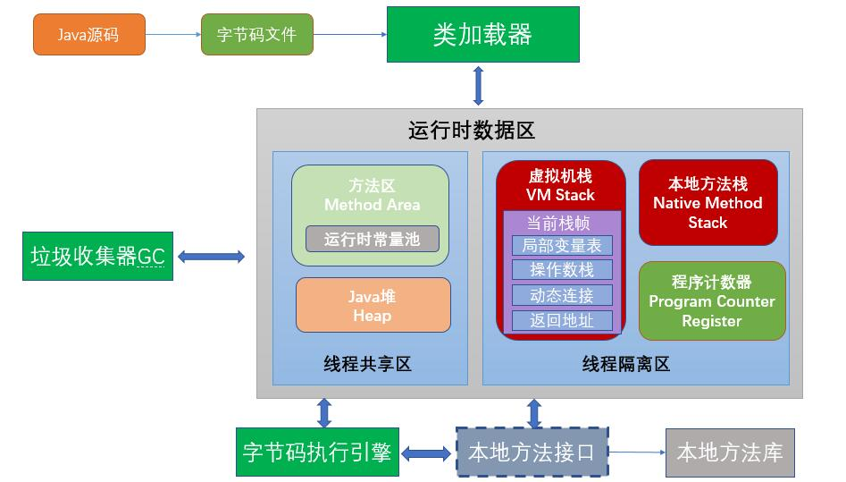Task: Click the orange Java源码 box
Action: coord(89,35)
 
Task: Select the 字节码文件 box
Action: coord(256,35)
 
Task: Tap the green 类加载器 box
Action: coord(483,35)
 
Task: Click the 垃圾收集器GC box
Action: coord(97,256)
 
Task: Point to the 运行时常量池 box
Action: coord(373,239)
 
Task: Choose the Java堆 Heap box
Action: coord(373,305)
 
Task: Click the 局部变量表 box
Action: coord(562,245)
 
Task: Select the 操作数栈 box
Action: coord(562,270)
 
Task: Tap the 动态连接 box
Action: coord(562,295)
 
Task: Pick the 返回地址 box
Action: coord(562,320)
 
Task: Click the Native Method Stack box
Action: coord(708,203)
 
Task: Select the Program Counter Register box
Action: coord(712,301)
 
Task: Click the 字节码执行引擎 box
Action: coord(317,452)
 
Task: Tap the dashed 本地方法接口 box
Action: coord(532,452)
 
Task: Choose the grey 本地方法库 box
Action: coord(730,452)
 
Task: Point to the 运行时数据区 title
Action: coord(472,131)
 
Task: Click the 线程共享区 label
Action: coord(367,364)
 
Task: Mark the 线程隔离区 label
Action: coord(626,364)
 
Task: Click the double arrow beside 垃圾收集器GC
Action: coord(211,257)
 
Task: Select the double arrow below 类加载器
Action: coord(479,86)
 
